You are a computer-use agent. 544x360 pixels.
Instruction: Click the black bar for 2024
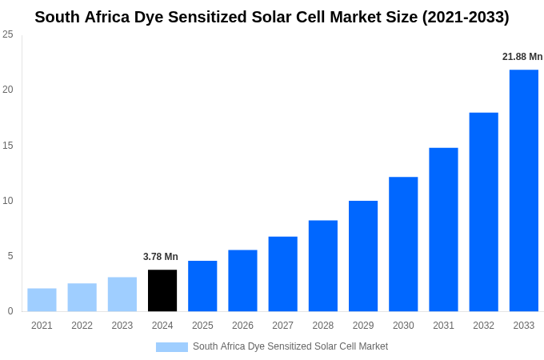pos(162,290)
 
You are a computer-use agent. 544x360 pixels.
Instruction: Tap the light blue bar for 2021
pos(42,300)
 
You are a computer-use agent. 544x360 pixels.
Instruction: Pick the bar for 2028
pos(322,266)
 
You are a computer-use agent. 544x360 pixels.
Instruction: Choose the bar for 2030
pos(403,244)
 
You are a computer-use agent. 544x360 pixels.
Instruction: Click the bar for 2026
pos(242,281)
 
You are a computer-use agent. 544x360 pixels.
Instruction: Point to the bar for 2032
pos(483,212)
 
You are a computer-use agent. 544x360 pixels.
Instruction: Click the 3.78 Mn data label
pos(161,257)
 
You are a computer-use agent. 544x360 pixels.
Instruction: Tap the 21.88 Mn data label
pos(522,57)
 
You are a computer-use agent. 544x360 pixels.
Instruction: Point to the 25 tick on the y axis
pos(8,34)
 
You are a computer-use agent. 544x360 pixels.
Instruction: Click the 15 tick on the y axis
pos(8,146)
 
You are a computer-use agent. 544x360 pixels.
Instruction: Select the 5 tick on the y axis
pos(10,256)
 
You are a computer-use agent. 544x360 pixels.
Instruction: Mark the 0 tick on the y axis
pos(10,311)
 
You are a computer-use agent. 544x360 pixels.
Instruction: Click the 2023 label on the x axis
pos(122,326)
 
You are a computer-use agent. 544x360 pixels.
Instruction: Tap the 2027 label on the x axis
pos(282,326)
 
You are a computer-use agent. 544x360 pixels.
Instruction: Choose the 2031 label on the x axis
pos(443,326)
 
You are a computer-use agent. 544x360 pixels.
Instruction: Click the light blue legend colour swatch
pos(171,347)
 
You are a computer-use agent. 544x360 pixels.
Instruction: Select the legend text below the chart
pos(290,346)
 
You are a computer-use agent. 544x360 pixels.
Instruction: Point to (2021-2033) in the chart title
pos(466,17)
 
